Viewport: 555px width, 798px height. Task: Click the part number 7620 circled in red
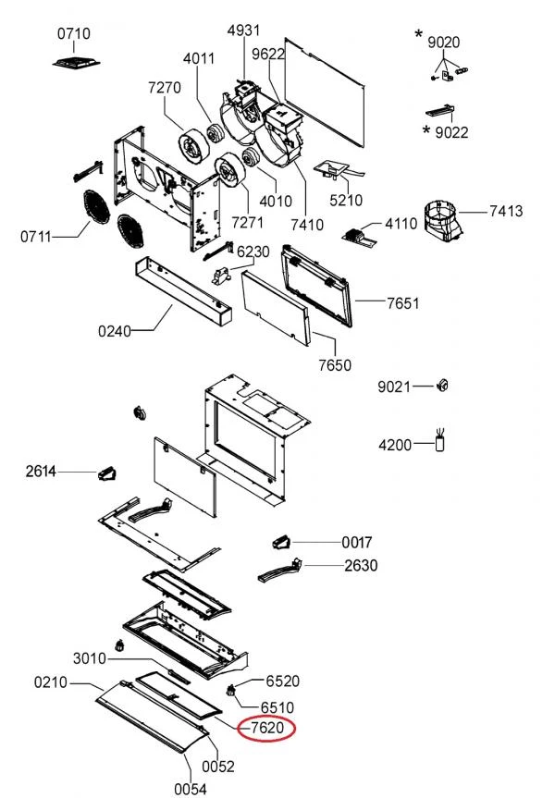click(267, 729)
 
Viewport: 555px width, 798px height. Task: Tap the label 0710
click(74, 33)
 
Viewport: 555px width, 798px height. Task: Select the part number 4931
click(243, 30)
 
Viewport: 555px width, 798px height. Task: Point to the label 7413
click(506, 211)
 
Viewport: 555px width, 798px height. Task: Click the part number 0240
click(115, 331)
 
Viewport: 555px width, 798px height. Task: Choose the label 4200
click(395, 446)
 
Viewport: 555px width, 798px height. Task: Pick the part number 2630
click(361, 565)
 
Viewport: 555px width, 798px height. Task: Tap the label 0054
click(191, 789)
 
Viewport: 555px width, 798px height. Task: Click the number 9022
click(451, 132)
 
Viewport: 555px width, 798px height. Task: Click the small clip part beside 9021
click(443, 386)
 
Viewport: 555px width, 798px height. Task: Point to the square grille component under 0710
click(76, 63)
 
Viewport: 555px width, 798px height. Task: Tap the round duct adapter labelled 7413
click(442, 221)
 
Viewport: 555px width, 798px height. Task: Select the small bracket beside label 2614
click(107, 474)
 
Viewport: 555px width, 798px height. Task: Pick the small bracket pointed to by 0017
click(281, 543)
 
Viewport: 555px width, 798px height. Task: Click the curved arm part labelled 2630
click(280, 571)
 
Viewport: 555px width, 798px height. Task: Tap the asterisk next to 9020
click(418, 34)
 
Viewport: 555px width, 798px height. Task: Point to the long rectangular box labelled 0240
click(183, 290)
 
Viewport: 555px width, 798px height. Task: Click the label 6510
click(277, 707)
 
